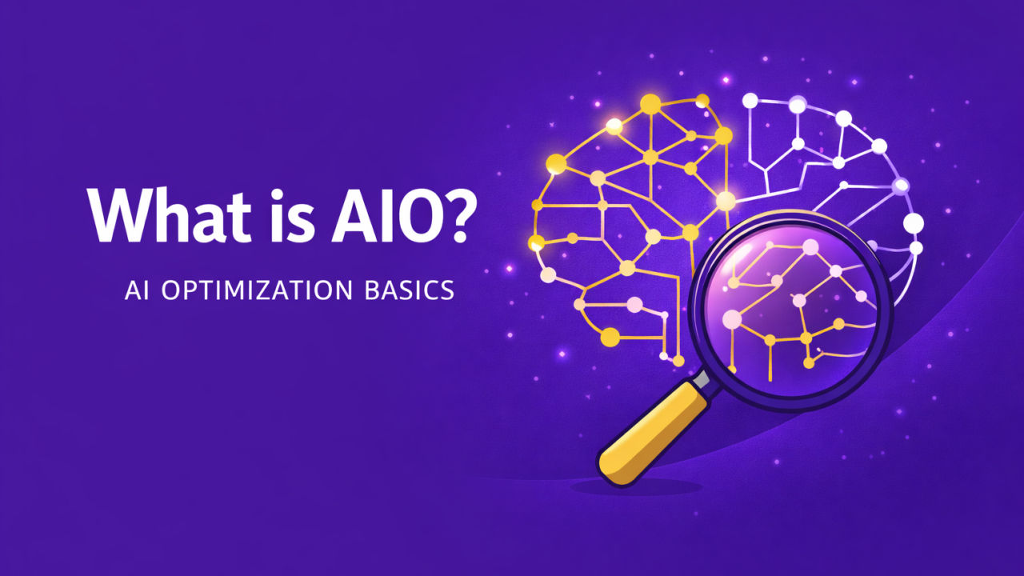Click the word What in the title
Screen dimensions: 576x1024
(x=157, y=216)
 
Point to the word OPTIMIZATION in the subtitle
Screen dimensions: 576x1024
(x=257, y=290)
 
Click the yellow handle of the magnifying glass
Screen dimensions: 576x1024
(x=652, y=429)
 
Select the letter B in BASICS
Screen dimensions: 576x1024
(x=365, y=290)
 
